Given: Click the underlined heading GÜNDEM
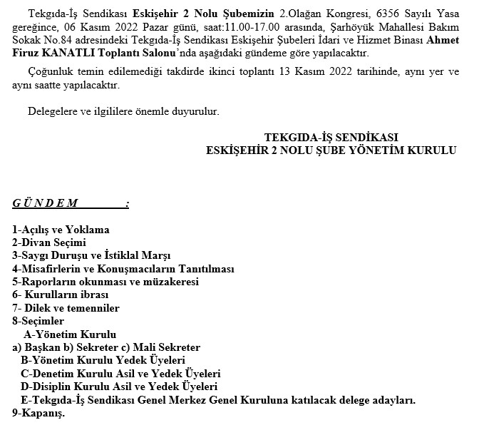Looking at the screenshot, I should point(46,203).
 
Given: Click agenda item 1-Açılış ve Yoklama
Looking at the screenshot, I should point(61,230).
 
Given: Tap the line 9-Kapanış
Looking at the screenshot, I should point(38,414).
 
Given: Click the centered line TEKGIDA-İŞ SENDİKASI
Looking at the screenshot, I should point(330,138).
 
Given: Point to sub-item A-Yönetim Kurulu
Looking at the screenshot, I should point(70,334).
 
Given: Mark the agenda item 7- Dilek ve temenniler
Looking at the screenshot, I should point(66,308).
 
